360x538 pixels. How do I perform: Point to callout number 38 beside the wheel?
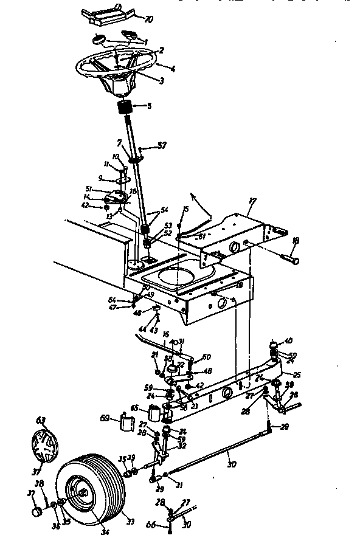[40, 483]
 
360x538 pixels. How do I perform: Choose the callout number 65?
[134, 409]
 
